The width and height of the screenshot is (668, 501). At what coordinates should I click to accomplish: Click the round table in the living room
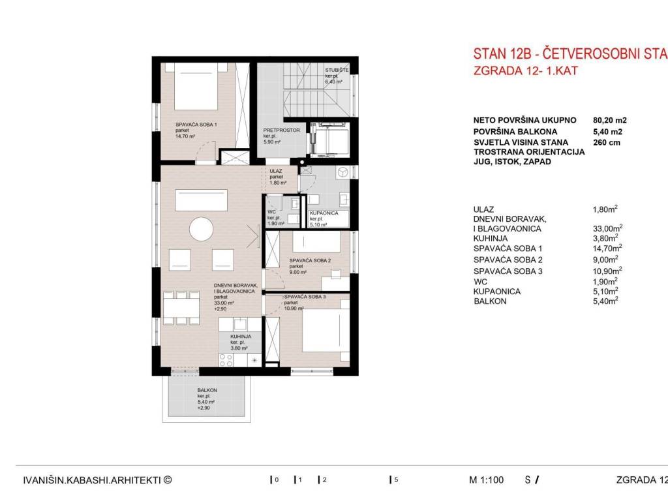point(201,230)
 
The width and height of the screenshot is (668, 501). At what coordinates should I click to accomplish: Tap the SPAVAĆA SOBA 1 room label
point(196,125)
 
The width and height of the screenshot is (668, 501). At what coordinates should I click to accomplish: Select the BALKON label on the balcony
point(207,390)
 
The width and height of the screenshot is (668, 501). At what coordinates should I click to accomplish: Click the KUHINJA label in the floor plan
point(241,336)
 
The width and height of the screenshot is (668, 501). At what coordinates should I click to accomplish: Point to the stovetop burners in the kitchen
point(226,360)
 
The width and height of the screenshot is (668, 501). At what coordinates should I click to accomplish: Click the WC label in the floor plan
point(271,212)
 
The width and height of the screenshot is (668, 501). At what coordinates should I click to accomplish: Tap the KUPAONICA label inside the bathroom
point(324,213)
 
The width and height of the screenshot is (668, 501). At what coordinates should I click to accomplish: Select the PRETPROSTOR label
point(281,130)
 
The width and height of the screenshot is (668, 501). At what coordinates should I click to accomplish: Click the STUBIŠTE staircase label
point(337,70)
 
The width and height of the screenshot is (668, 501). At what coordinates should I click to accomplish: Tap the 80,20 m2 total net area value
point(610,121)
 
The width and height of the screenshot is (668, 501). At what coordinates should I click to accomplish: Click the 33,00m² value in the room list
point(607,228)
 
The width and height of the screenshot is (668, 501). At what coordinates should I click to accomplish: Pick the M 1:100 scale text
point(486,480)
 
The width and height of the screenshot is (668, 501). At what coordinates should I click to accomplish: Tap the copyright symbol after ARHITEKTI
point(168,479)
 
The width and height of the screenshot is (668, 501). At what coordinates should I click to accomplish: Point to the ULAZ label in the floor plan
point(276,171)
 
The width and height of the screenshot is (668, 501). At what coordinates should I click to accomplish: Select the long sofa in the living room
point(201,201)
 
